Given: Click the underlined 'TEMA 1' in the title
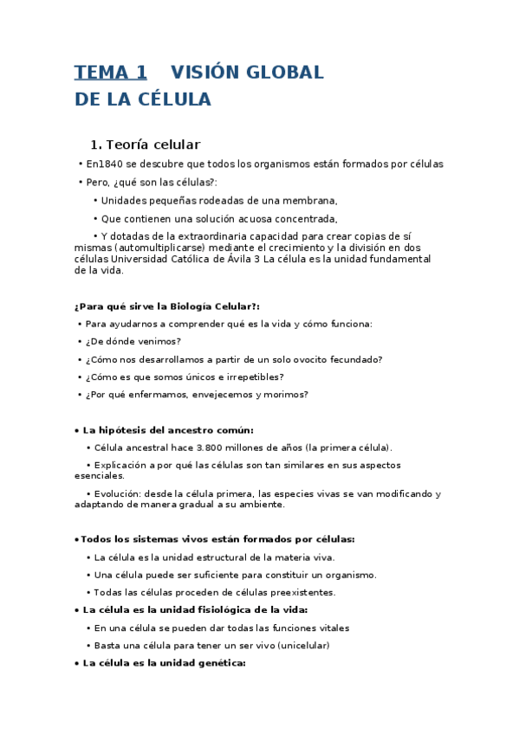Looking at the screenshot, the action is [111, 72].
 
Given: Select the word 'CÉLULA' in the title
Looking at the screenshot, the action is [174, 100].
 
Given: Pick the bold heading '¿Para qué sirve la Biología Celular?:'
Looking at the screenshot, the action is [167, 306].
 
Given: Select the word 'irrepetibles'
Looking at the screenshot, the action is [253, 377].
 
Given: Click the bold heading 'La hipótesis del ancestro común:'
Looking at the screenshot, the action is [167, 430].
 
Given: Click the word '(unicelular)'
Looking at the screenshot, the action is [300, 646].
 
